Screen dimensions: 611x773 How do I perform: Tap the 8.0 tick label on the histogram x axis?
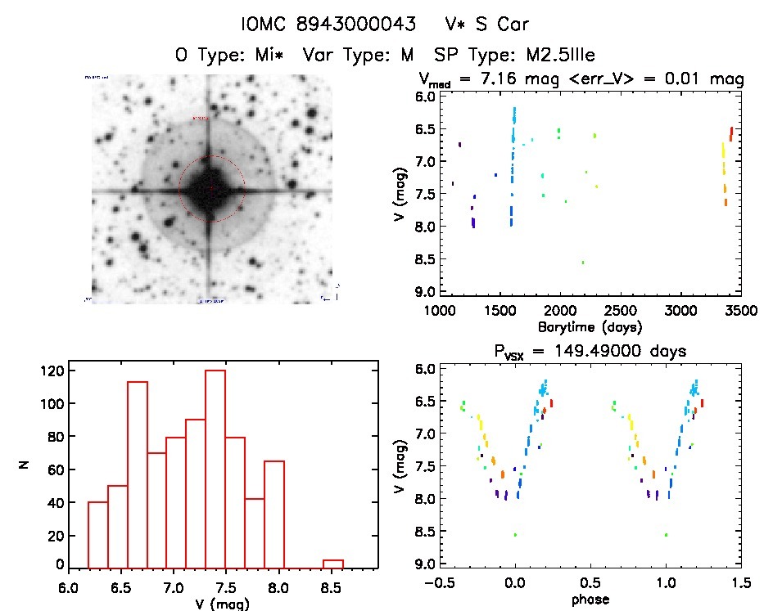pyautogui.click(x=280, y=586)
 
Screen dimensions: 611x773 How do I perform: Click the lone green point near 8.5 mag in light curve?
pyautogui.click(x=583, y=262)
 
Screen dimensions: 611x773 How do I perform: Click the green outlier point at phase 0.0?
pyautogui.click(x=515, y=535)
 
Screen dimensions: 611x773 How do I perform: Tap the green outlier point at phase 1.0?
pyautogui.click(x=666, y=535)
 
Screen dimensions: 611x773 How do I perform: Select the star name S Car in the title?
pyautogui.click(x=490, y=25)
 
